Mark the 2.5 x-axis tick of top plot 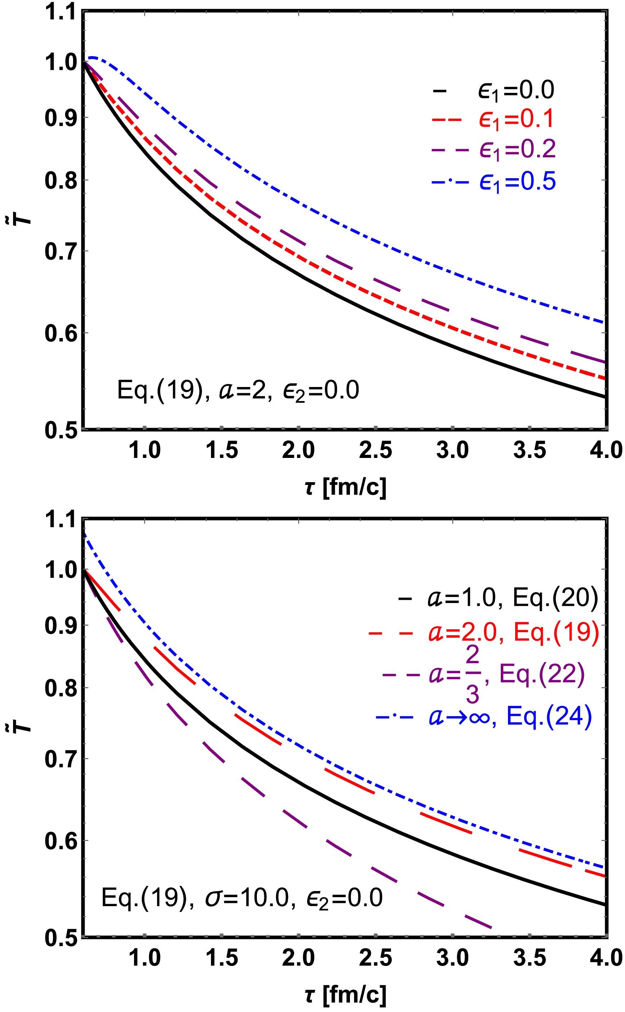coord(376,450)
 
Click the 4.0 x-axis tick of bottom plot coord(606,958)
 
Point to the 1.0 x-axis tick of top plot coord(145,450)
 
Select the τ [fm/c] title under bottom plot coord(346,995)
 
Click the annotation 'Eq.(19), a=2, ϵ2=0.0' coord(238,390)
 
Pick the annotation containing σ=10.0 coord(242,898)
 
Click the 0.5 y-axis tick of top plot coord(61,430)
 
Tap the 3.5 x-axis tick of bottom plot coord(530,958)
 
